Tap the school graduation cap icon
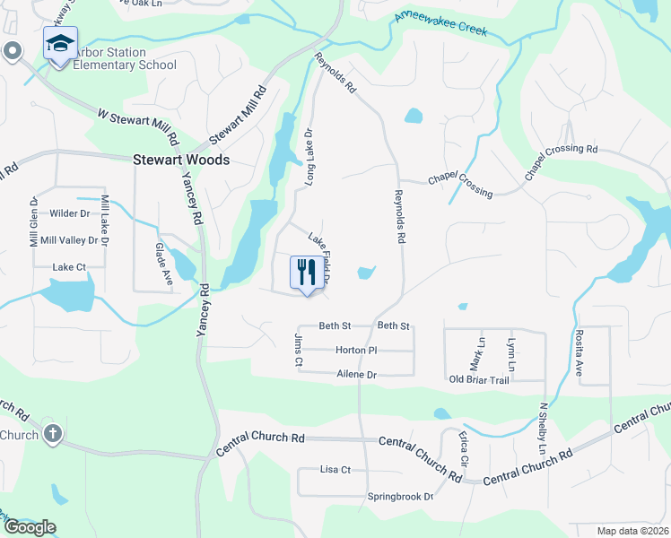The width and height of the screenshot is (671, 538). (x=60, y=43)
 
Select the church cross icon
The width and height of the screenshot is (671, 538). (x=53, y=435)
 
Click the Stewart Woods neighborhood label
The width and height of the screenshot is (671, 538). (x=181, y=160)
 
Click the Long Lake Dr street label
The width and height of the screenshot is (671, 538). (x=310, y=156)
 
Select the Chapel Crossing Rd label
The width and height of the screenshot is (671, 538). (x=562, y=161)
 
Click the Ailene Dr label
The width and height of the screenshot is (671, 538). (x=357, y=374)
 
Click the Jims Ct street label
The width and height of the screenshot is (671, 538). (x=299, y=350)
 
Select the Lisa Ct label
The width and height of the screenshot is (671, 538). (x=335, y=470)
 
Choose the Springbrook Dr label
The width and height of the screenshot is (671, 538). (x=400, y=497)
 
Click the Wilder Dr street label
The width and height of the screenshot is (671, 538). (x=71, y=213)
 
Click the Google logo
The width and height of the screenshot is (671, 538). (x=30, y=527)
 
